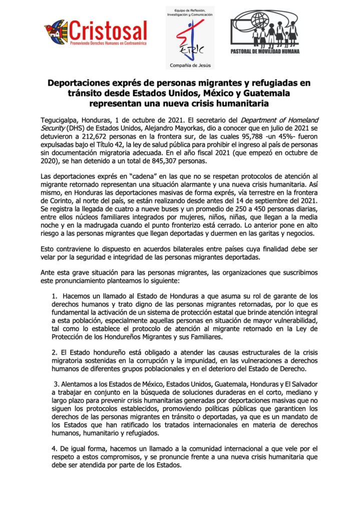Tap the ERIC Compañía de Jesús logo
pyautogui.click(x=190, y=38)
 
